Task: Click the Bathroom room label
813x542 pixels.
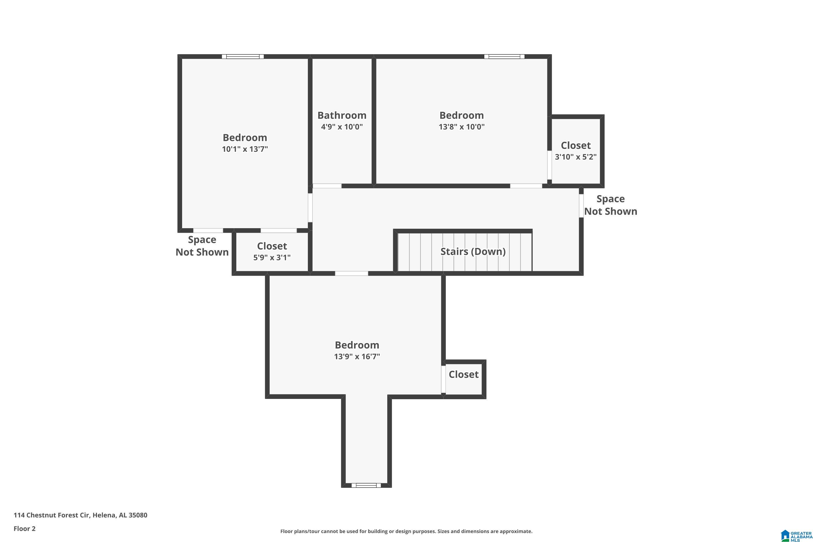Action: (x=341, y=115)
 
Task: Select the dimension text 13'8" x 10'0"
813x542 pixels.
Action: (x=462, y=127)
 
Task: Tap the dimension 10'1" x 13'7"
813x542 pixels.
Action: (x=245, y=149)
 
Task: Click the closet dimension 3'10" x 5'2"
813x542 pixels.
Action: (x=576, y=157)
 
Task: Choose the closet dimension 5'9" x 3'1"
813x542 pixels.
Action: (x=272, y=257)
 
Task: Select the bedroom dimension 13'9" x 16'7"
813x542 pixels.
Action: (x=357, y=356)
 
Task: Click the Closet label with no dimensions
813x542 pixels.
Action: (x=463, y=374)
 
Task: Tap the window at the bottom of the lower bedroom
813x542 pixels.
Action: (x=366, y=485)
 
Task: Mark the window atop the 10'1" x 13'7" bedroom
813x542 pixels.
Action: (x=243, y=56)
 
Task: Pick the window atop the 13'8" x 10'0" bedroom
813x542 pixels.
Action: (x=504, y=56)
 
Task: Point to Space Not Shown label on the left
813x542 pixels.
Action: (x=202, y=246)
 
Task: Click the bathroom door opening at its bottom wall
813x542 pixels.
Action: (x=327, y=186)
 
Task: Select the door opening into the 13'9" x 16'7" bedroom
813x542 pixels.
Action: (x=351, y=273)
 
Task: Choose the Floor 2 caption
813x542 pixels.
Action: (x=24, y=528)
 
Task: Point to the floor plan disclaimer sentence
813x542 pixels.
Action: (x=406, y=531)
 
